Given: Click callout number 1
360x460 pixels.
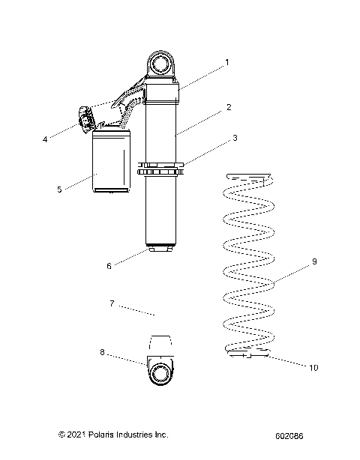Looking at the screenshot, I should click(x=228, y=63).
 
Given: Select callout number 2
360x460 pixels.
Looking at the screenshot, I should click(x=228, y=108).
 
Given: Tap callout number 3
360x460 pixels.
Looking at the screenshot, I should click(x=235, y=138).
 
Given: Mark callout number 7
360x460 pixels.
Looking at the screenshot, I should click(x=111, y=303).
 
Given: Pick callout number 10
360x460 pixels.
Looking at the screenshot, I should click(x=312, y=367).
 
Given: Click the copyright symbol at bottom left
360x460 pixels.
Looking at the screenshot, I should click(x=62, y=435).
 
